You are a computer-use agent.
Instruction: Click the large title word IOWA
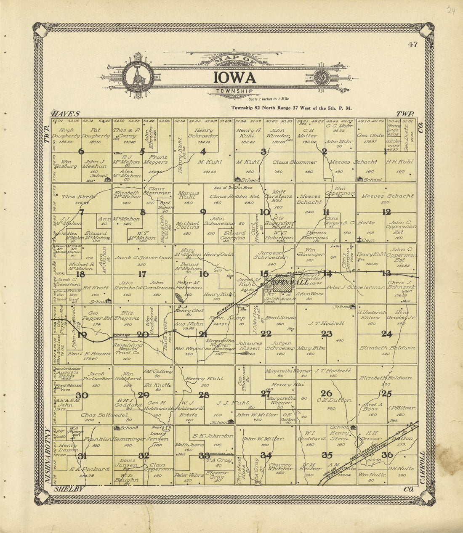click(x=234, y=78)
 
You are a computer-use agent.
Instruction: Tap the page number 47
click(x=412, y=45)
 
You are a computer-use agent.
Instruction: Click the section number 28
click(x=204, y=395)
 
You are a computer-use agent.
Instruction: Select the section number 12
click(x=386, y=212)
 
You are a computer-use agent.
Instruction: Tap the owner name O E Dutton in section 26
click(x=334, y=400)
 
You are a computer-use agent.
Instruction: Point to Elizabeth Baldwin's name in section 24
click(x=388, y=348)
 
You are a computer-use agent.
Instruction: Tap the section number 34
click(x=266, y=455)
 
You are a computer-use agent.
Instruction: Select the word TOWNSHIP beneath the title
click(x=234, y=90)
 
